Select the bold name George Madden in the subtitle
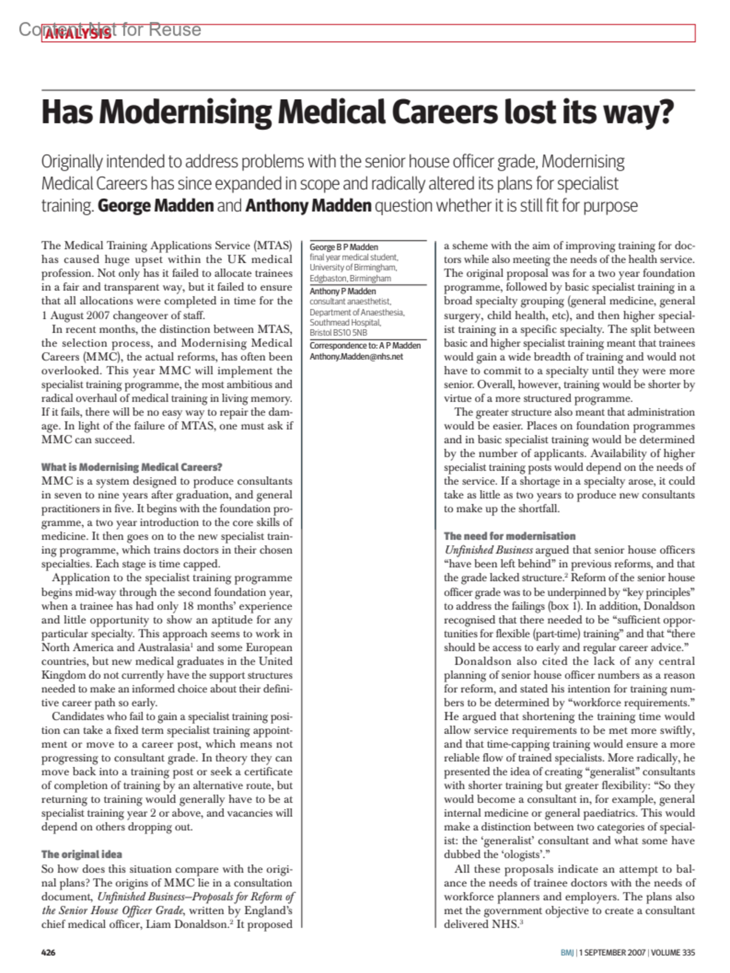point(156,205)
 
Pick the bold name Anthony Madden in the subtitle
point(308,205)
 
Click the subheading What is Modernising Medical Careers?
point(131,467)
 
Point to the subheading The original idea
point(82,854)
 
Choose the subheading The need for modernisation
point(509,536)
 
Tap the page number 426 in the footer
point(49,952)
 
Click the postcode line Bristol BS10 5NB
point(338,332)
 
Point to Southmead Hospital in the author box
point(345,323)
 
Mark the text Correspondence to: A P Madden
point(365,346)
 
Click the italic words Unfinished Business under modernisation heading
point(488,550)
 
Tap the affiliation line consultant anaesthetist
point(350,301)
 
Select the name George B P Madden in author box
point(344,247)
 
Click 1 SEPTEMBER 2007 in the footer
point(612,952)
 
